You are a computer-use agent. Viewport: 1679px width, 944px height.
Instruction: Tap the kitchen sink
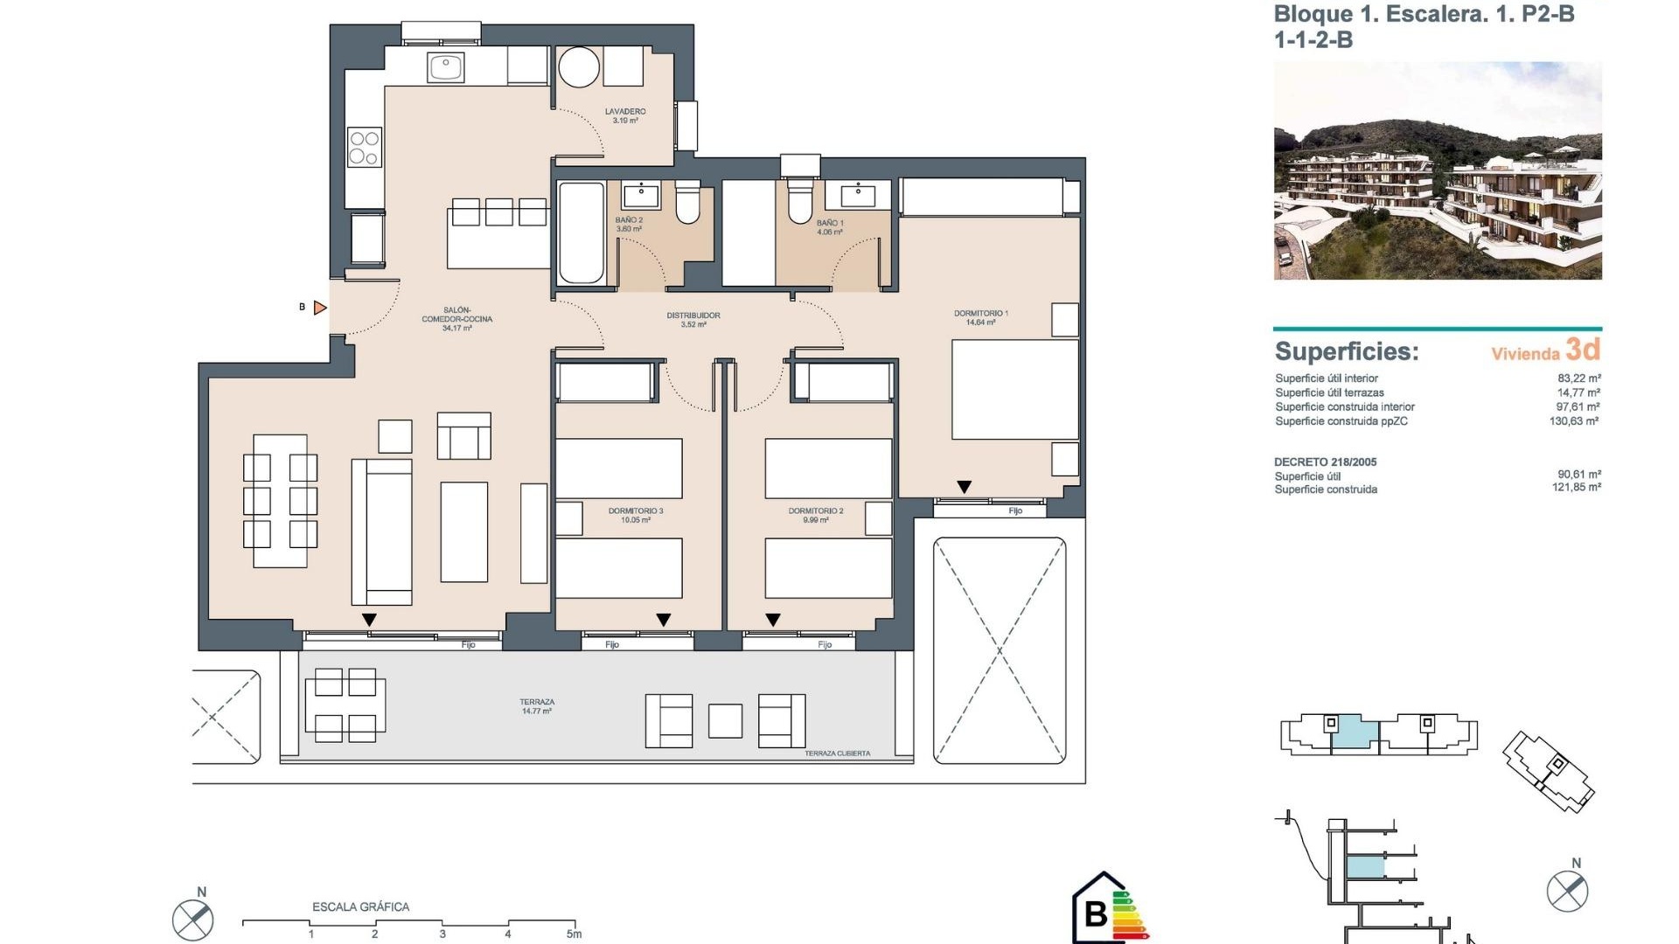445,66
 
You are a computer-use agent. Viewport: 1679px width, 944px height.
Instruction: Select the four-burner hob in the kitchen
364,148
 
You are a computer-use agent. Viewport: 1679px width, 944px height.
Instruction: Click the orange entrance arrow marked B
320,308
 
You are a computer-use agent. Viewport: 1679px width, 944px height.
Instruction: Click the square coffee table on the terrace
725,721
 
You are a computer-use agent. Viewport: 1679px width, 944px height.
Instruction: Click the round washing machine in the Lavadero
579,66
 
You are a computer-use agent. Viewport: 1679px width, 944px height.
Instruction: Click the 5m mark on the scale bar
574,933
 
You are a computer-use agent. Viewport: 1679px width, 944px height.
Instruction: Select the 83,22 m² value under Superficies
1578,378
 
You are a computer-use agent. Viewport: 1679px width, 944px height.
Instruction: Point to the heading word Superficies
1347,351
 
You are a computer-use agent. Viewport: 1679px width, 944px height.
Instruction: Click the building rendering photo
1438,171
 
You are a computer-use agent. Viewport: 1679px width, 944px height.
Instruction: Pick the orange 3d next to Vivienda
1583,350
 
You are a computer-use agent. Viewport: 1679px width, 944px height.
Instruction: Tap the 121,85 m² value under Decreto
1576,488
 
